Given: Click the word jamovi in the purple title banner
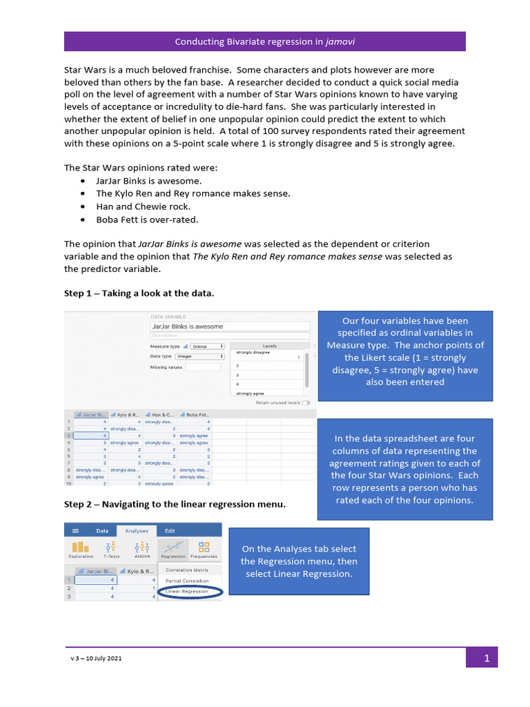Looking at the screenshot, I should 340,41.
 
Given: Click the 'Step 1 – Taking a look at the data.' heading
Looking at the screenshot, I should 139,293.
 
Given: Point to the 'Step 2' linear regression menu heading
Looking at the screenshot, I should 175,504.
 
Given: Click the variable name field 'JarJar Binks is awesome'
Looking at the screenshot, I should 229,327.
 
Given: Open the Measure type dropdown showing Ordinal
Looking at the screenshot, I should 208,346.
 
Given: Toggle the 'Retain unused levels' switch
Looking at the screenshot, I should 306,402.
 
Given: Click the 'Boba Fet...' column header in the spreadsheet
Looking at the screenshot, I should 195,415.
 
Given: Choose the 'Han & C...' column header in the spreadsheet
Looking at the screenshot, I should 161,415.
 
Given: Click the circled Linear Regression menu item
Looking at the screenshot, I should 186,592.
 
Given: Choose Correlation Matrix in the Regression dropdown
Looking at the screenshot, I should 186,570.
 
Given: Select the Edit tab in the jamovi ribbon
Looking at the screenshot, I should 170,530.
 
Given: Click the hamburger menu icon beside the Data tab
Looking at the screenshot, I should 75,531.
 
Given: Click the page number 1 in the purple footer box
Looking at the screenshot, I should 487,659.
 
